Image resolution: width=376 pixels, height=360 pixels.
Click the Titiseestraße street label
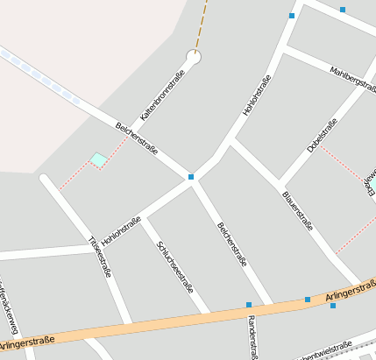point(100,257)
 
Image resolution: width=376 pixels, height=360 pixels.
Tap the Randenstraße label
point(252,336)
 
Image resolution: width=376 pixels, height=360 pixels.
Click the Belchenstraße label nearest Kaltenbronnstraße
point(137,138)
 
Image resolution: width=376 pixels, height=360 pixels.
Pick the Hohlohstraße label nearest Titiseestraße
point(121,229)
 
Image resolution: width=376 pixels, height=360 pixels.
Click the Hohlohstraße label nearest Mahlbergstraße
point(257,95)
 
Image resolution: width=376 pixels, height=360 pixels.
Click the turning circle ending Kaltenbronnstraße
point(193,58)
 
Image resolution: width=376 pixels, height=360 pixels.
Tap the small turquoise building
point(98,159)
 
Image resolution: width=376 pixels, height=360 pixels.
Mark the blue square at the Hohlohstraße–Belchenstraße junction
point(191,177)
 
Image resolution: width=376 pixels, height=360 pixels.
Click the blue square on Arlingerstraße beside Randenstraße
point(249,305)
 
